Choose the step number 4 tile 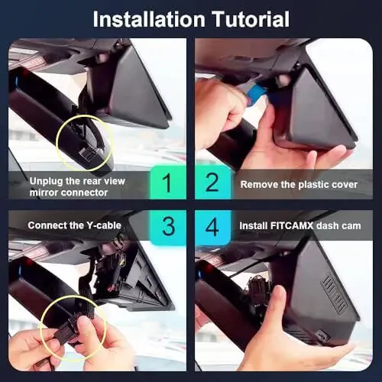click(x=212, y=226)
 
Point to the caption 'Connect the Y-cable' click(x=71, y=225)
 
